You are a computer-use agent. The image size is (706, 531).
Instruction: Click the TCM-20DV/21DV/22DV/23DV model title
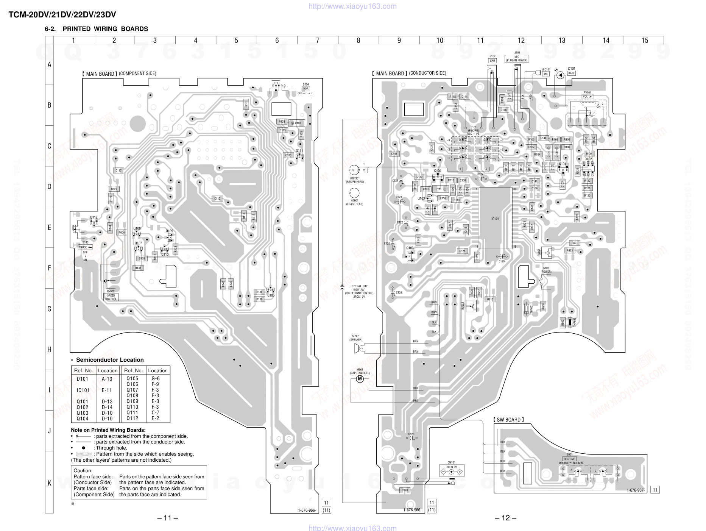[62, 15]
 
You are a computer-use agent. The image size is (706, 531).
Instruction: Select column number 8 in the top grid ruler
[358, 40]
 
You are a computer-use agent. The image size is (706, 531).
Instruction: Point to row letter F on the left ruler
[49, 268]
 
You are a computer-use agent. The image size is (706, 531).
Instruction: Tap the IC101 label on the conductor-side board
[495, 219]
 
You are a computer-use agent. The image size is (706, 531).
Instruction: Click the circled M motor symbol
[360, 378]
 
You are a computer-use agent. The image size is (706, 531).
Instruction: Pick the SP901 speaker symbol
[357, 348]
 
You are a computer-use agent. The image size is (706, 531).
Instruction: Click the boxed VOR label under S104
[305, 89]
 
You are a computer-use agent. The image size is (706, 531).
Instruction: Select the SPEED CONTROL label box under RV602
[111, 297]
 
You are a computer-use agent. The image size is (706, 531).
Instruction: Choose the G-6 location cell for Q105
[156, 378]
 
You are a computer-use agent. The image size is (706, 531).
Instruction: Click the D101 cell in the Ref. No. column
[83, 379]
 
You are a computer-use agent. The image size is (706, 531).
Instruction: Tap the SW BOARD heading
[509, 420]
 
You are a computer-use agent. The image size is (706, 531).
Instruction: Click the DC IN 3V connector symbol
[451, 472]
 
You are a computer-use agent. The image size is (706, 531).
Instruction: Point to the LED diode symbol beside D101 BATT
[560, 75]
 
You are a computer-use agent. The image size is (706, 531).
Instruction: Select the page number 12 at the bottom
[505, 518]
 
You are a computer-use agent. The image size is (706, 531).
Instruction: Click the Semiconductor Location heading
[110, 360]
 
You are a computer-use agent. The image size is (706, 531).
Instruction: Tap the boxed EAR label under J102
[492, 61]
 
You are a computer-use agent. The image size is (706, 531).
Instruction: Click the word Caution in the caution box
[83, 471]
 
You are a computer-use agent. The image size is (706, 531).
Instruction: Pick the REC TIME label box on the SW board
[569, 459]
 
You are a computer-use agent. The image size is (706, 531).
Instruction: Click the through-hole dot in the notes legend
[83, 448]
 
